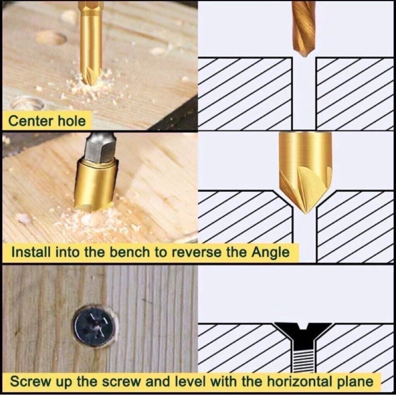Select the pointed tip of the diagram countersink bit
306,212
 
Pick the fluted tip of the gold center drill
91,76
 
